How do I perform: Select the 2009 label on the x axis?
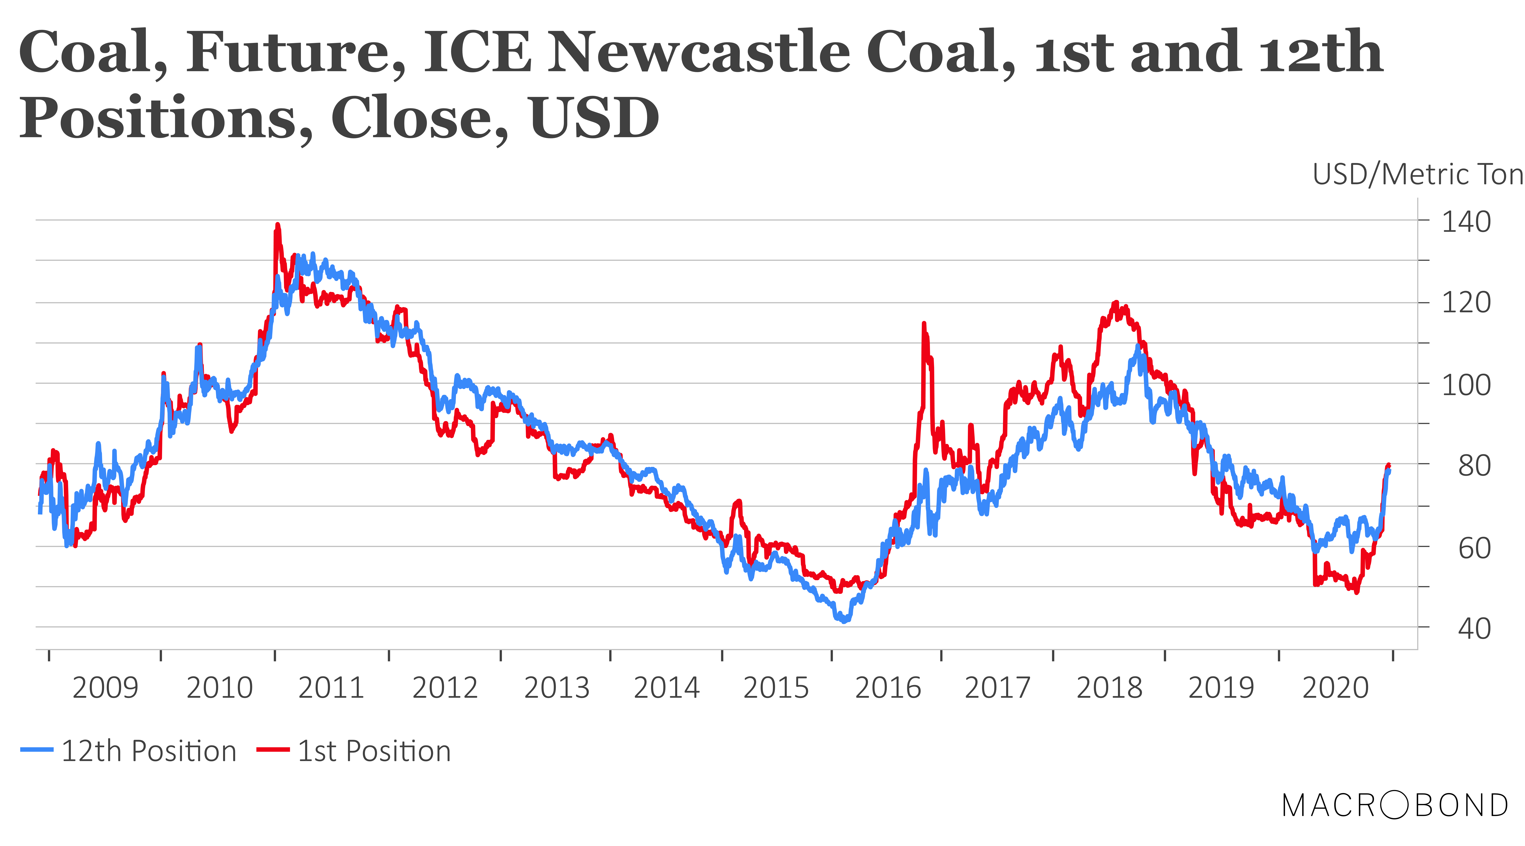[x=105, y=688]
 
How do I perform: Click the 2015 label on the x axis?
[x=776, y=688]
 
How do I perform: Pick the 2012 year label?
[x=445, y=688]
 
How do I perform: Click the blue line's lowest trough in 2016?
[x=844, y=620]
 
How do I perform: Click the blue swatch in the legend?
[x=37, y=750]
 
